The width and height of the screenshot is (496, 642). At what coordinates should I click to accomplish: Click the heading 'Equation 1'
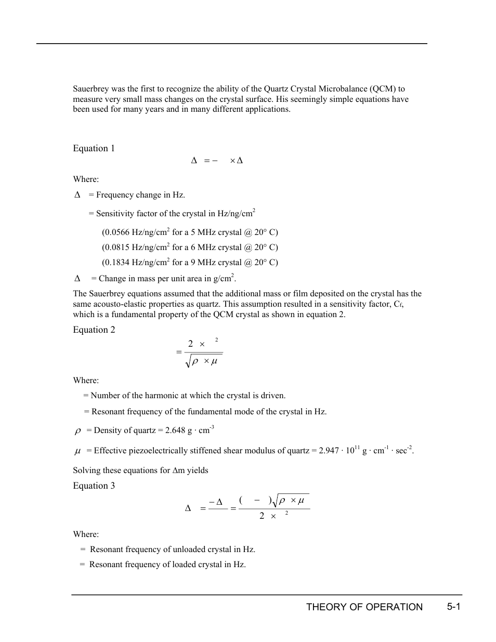(94, 149)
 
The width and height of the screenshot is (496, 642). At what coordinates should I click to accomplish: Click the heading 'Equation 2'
(94, 330)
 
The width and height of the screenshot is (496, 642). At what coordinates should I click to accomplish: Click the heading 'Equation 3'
(94, 486)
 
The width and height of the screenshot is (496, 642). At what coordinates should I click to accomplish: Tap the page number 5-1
(453, 607)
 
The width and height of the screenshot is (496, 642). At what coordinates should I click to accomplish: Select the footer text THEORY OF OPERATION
(364, 607)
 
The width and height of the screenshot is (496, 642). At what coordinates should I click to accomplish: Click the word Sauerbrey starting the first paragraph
(91, 89)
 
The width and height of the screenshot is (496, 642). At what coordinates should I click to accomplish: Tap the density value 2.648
(175, 430)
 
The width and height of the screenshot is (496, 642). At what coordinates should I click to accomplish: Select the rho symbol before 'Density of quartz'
(78, 431)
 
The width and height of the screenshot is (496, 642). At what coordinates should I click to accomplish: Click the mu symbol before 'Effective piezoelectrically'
(78, 451)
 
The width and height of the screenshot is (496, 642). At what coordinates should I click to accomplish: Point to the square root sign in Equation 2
(188, 362)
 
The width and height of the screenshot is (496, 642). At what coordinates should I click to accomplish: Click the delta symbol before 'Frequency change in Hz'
(77, 195)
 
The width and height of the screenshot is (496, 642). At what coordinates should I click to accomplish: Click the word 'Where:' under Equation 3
(86, 534)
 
